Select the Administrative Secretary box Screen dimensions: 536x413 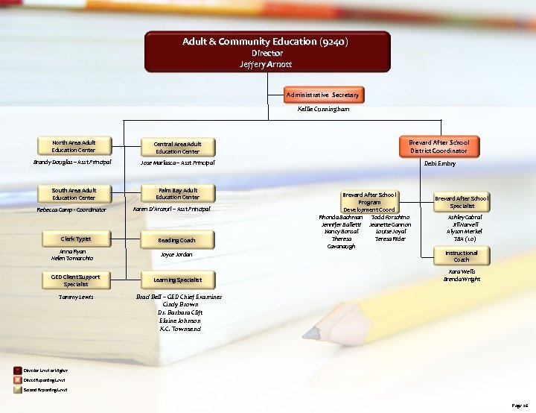[x=323, y=95]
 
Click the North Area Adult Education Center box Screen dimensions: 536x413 [x=74, y=145]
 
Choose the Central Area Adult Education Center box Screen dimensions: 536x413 [x=177, y=147]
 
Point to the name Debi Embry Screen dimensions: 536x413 [x=439, y=163]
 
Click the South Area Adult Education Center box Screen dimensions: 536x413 [x=74, y=194]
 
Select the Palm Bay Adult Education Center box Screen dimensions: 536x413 [x=177, y=194]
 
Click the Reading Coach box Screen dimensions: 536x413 [x=177, y=240]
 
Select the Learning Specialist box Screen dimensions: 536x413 [x=177, y=280]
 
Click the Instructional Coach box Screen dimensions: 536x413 [x=462, y=256]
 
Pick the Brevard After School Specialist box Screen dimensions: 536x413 [x=462, y=201]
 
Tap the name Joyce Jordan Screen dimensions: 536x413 [x=176, y=255]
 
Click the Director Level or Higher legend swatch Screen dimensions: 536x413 [x=19, y=370]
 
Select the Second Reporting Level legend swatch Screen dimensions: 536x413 [x=19, y=389]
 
